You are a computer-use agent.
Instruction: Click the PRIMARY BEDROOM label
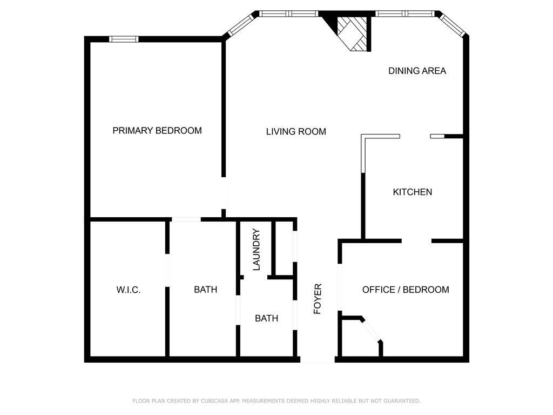pos(157,131)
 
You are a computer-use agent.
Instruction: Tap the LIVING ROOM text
pos(296,131)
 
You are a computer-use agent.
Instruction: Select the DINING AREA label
pos(417,71)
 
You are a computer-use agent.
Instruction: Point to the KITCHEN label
pos(412,192)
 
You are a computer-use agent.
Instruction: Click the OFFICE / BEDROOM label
pos(405,290)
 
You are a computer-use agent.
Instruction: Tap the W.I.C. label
pos(129,290)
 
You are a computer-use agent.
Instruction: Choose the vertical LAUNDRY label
pos(257,250)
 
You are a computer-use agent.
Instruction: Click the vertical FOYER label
pos(318,298)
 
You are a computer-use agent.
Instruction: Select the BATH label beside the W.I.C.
pos(205,290)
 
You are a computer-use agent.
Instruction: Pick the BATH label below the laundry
pos(266,318)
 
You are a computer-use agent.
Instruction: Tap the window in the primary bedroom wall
pos(124,39)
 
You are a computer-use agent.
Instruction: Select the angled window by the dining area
pos(453,25)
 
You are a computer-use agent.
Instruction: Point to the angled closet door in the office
pos(371,330)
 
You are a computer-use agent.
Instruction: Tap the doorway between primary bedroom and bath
pos(186,219)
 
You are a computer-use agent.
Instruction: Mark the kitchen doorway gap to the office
pos(416,240)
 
